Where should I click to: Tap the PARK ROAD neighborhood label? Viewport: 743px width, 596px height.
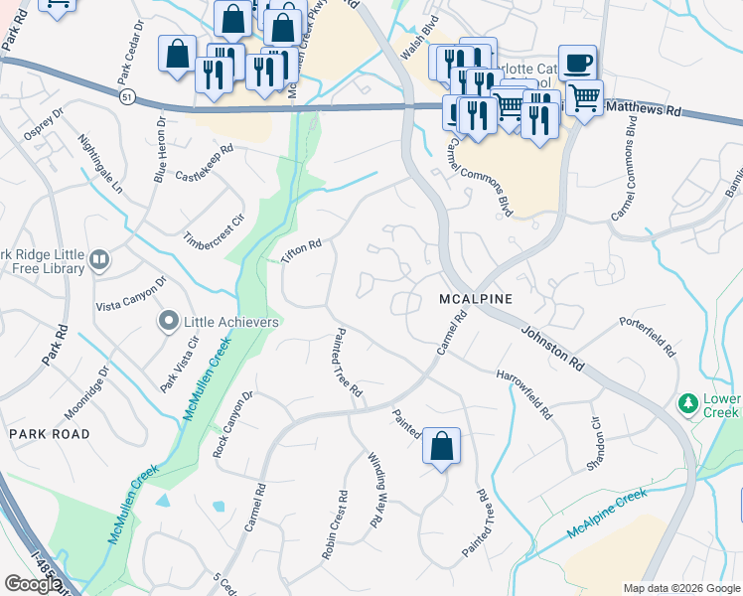pyautogui.click(x=49, y=434)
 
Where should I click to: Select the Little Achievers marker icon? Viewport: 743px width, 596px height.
pyautogui.click(x=168, y=322)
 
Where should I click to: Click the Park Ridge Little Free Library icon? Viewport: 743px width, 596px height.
pyautogui.click(x=99, y=261)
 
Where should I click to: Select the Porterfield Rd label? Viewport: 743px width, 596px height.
pyautogui.click(x=647, y=338)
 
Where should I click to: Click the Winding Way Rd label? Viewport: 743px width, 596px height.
pyautogui.click(x=377, y=489)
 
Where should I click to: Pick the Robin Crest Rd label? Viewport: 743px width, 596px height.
pyautogui.click(x=334, y=525)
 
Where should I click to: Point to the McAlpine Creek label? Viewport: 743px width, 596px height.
pyautogui.click(x=606, y=515)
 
